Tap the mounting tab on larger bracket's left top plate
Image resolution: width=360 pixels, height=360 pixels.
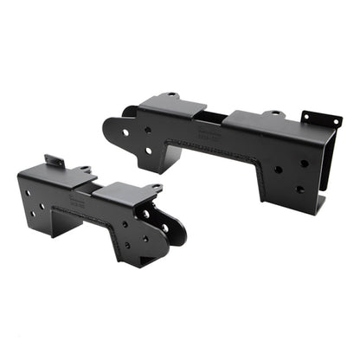pyautogui.click(x=172, y=94)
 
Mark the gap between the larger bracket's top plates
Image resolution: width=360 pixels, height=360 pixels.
pyautogui.click(x=215, y=115)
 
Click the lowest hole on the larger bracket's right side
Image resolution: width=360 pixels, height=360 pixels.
pyautogui.click(x=299, y=189)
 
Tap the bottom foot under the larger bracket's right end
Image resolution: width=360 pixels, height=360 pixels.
pyautogui.click(x=319, y=205)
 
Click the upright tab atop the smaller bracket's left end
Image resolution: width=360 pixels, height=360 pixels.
pyautogui.click(x=55, y=160)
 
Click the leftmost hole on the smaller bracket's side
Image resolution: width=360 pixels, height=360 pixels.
pyautogui.click(x=28, y=193)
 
